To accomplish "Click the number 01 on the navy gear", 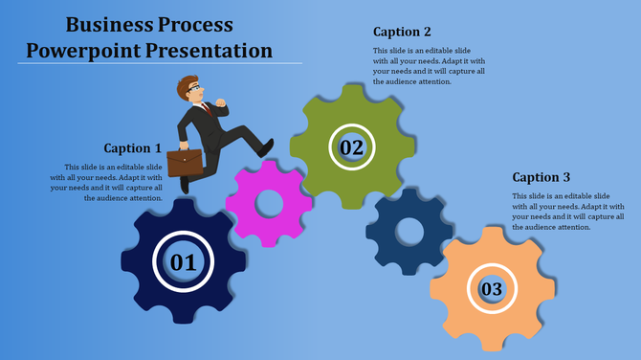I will click(183, 261).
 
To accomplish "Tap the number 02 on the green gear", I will click(352, 147).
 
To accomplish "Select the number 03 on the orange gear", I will click(492, 288).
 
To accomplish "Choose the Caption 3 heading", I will click(542, 177).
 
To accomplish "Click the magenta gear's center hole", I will click(268, 203).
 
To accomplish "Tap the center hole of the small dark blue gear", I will click(409, 232).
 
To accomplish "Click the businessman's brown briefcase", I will click(185, 161).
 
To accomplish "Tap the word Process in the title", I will click(197, 24).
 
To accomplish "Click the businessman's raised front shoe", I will click(265, 147).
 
